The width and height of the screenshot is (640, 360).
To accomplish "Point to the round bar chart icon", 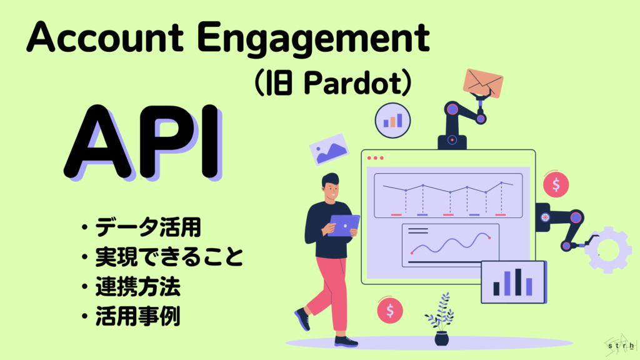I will (x=392, y=120).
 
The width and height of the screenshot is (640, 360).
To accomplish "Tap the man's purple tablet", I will (x=344, y=224).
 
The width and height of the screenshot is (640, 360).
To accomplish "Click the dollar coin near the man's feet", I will (x=390, y=309).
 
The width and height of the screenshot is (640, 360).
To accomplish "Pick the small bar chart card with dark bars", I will (x=513, y=282).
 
